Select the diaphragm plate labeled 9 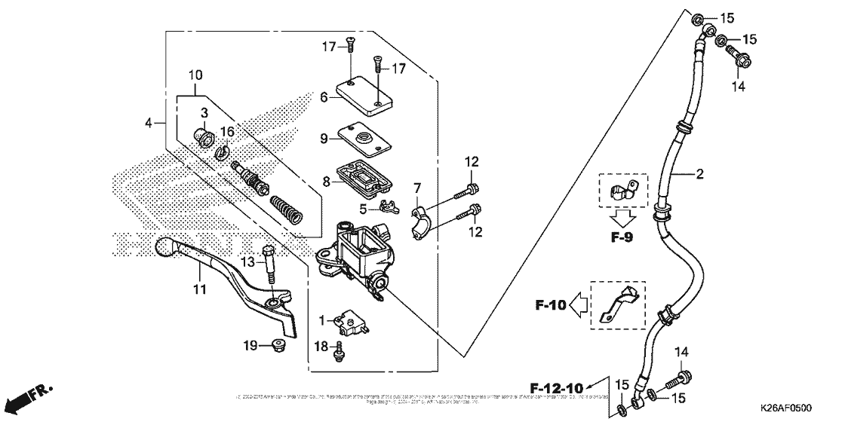(x=367, y=139)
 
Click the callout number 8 (x=325, y=182)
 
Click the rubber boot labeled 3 (x=203, y=138)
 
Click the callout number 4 (x=149, y=122)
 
